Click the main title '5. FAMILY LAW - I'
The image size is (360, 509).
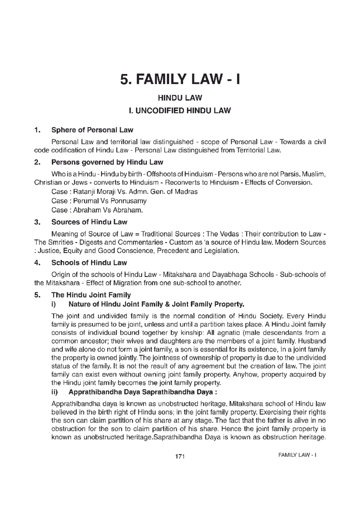pyautogui.click(x=180, y=80)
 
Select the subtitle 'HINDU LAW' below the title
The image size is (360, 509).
pyautogui.click(x=180, y=98)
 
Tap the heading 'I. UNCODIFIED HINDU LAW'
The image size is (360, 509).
pyautogui.click(x=180, y=111)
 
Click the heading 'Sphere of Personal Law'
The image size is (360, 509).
pyautogui.click(x=92, y=130)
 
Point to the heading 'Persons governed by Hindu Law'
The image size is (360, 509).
pyautogui.click(x=107, y=162)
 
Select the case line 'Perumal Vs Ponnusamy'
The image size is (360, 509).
pyautogui.click(x=99, y=201)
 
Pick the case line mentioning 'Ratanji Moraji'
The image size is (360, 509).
pyautogui.click(x=124, y=192)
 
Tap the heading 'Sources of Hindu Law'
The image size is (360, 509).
pyautogui.click(x=89, y=222)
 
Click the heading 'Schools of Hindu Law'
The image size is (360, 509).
pyautogui.click(x=89, y=263)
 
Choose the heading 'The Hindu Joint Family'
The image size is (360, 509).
pyautogui.click(x=91, y=295)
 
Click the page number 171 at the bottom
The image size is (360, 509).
pyautogui.click(x=179, y=457)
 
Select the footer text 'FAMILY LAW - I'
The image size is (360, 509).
pyautogui.click(x=298, y=455)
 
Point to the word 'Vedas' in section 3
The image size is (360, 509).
pyautogui.click(x=229, y=234)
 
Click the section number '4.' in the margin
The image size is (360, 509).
pyautogui.click(x=37, y=263)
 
